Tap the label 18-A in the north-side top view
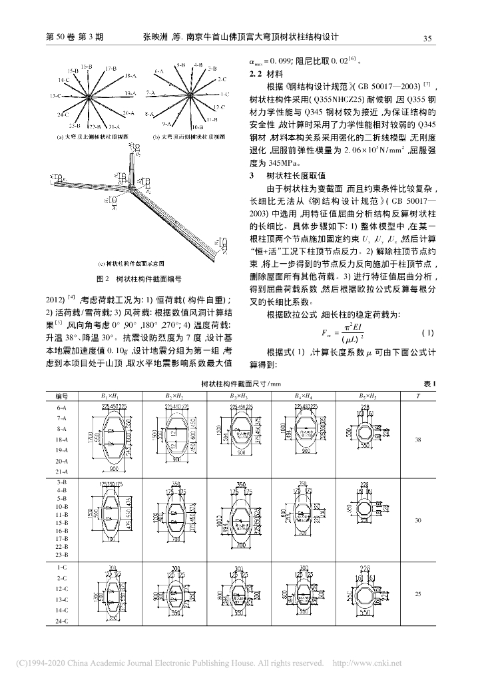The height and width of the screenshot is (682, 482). [x=130, y=76]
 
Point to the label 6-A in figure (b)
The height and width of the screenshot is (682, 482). [x=159, y=70]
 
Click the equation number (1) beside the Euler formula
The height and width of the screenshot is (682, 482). [x=428, y=331]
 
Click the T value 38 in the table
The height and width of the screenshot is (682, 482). [x=417, y=440]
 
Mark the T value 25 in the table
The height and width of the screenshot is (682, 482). [x=417, y=593]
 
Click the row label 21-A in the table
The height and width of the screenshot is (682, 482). [x=63, y=470]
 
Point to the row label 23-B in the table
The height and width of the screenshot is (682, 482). [x=63, y=553]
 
